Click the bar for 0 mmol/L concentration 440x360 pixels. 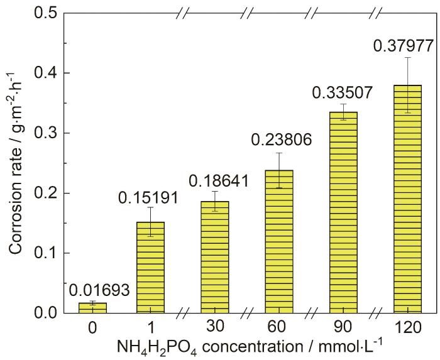click(x=92, y=308)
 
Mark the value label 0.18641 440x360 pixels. click(x=215, y=182)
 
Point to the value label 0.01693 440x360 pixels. click(x=93, y=290)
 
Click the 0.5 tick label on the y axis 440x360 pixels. click(x=47, y=13)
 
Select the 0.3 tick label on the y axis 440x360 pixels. click(x=47, y=133)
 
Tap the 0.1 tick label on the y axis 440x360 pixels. click(x=47, y=253)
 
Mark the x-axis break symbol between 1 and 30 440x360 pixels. click(x=183, y=313)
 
